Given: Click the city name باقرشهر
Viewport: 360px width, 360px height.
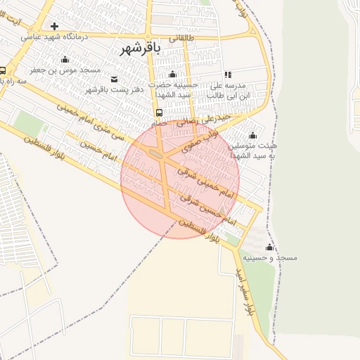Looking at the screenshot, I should pos(141,48).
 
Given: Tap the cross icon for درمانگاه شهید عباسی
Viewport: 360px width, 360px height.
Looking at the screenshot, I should pos(54,27).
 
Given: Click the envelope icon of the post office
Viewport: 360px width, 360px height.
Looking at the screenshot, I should pos(114,79).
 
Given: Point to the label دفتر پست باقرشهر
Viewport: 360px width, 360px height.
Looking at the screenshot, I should pos(115,89).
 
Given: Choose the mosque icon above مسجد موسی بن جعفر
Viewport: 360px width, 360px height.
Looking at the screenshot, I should pos(65,60).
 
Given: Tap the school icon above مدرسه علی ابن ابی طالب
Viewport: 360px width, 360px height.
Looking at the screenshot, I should pos(228,74).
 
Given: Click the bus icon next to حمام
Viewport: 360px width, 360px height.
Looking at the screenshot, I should pos(159,112).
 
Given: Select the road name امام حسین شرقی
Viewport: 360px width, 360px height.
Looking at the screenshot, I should pos(207,209).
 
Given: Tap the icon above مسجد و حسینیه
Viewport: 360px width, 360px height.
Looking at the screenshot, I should pos(269,247).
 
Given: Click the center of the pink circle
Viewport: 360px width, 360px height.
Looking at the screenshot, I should pos(180,180).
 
